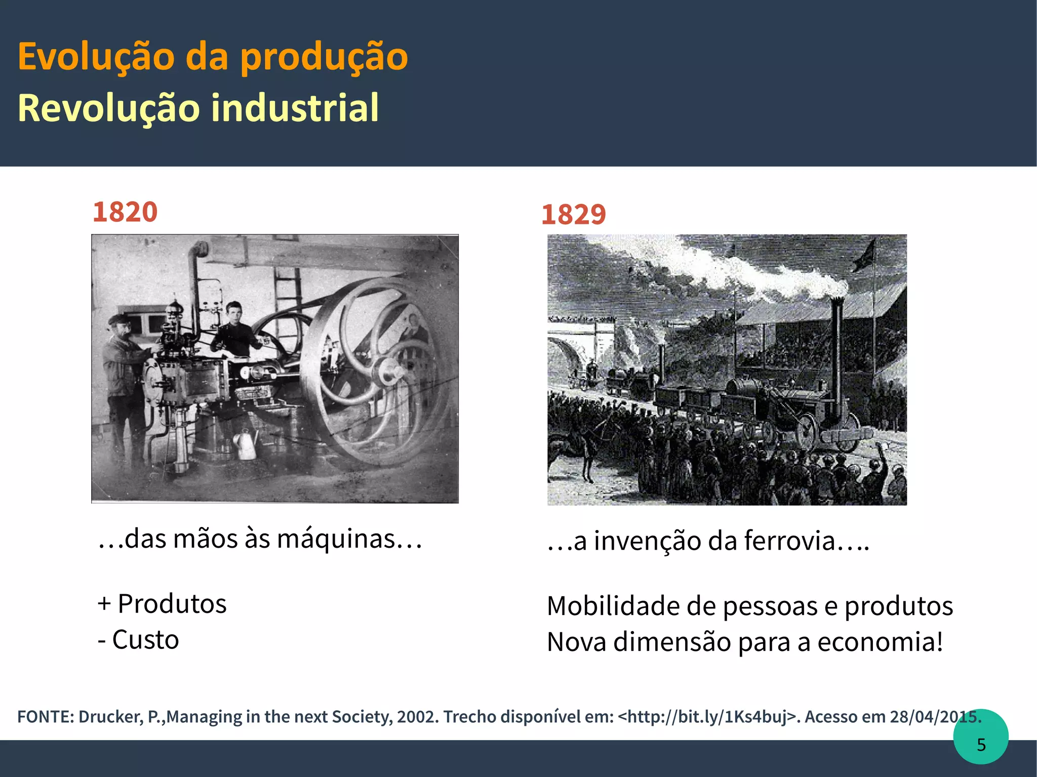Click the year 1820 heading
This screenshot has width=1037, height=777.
click(x=125, y=212)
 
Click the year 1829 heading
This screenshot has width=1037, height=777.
click(x=573, y=215)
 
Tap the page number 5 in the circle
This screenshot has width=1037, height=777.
click(x=981, y=745)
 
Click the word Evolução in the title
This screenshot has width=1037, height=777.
click(x=96, y=57)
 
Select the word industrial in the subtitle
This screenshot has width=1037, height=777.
click(x=295, y=108)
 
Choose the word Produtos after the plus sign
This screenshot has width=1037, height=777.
click(x=172, y=604)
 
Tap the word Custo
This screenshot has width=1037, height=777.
click(x=145, y=640)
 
